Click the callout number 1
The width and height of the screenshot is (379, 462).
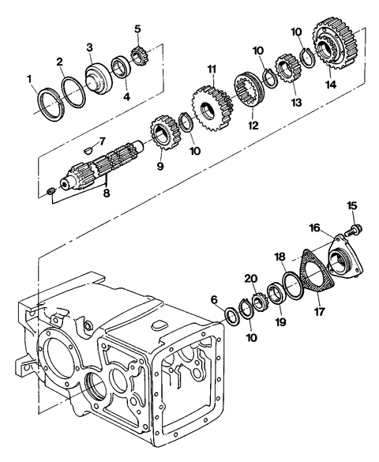click(x=29, y=80)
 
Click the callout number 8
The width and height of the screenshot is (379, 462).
click(x=107, y=193)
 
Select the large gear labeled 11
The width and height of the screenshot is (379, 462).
click(x=212, y=108)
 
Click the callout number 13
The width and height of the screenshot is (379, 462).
click(x=296, y=102)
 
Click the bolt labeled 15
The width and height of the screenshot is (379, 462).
click(x=353, y=230)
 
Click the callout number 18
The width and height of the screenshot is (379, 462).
click(x=280, y=257)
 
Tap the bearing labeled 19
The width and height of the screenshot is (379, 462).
click(x=276, y=293)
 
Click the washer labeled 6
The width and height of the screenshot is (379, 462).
click(x=233, y=317)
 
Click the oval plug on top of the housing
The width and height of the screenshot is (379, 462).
click(x=160, y=325)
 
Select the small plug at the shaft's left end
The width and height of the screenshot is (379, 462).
click(x=51, y=192)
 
